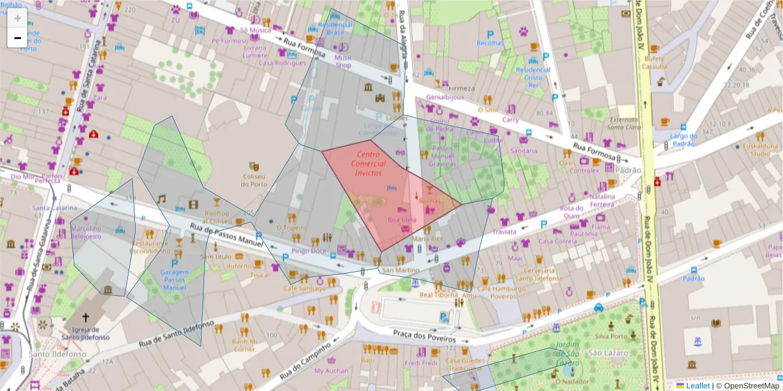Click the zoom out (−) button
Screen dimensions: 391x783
tap(18, 38)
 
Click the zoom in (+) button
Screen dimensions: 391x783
tap(18, 18)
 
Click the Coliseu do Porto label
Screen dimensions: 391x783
tap(254, 180)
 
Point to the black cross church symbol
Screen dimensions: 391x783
tap(85, 313)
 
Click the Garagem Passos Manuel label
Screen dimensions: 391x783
tap(174, 280)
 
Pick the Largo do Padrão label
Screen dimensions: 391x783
tap(684, 140)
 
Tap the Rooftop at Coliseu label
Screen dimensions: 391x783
tap(217, 217)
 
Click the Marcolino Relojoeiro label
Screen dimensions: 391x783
tap(91, 233)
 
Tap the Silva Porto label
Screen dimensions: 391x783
tap(611, 337)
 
